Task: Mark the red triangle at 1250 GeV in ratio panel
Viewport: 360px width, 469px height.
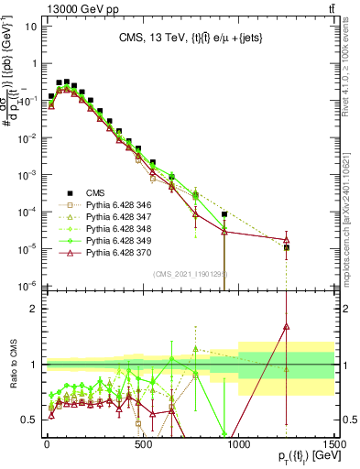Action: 287,325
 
